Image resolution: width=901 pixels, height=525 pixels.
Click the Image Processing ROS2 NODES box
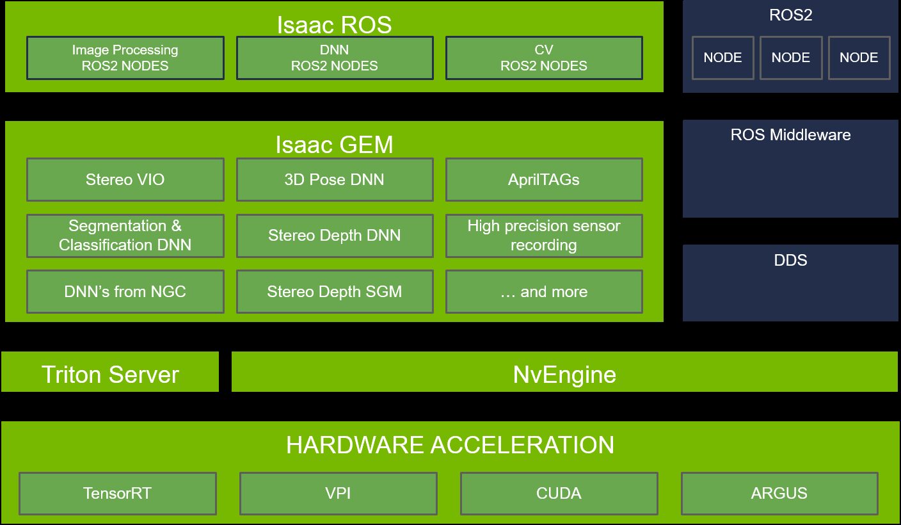pos(125,58)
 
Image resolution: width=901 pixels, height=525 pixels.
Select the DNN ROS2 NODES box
pos(335,58)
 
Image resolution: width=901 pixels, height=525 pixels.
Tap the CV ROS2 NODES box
pos(544,58)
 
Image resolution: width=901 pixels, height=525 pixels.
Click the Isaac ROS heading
pos(334,24)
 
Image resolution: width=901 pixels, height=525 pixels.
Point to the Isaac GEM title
pos(334,145)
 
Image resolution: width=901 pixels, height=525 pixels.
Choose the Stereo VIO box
pos(125,180)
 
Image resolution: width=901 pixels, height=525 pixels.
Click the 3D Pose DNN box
pos(335,180)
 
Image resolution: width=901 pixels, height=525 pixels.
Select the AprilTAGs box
pos(544,180)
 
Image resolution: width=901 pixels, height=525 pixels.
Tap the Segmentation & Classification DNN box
pos(125,236)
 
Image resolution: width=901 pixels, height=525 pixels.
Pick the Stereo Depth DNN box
pos(335,236)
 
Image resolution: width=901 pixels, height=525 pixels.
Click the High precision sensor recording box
pos(544,236)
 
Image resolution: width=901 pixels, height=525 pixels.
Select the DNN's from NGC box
pos(125,292)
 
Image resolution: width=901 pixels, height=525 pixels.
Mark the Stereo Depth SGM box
pos(335,292)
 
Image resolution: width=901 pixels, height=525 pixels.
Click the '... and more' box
pos(544,292)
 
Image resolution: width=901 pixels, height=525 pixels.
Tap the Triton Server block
pos(110,374)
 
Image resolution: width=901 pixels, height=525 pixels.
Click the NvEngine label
pos(564,374)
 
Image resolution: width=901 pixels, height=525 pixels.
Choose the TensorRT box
pos(118,494)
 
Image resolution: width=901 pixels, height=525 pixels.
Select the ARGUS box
pos(779,494)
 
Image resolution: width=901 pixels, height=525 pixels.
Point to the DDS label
pos(790,261)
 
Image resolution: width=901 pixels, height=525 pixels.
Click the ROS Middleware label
pos(790,135)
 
